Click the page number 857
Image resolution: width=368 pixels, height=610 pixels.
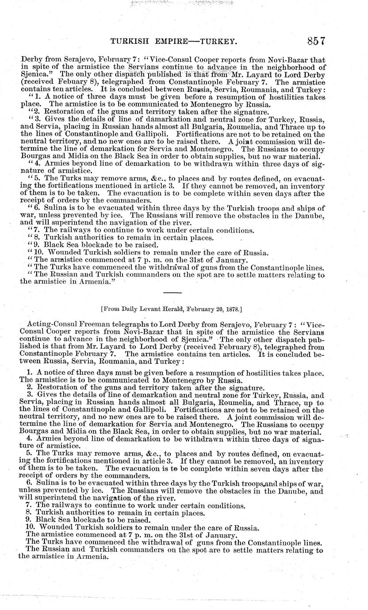[x=315, y=41]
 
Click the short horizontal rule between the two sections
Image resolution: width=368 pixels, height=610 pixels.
[x=172, y=293]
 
